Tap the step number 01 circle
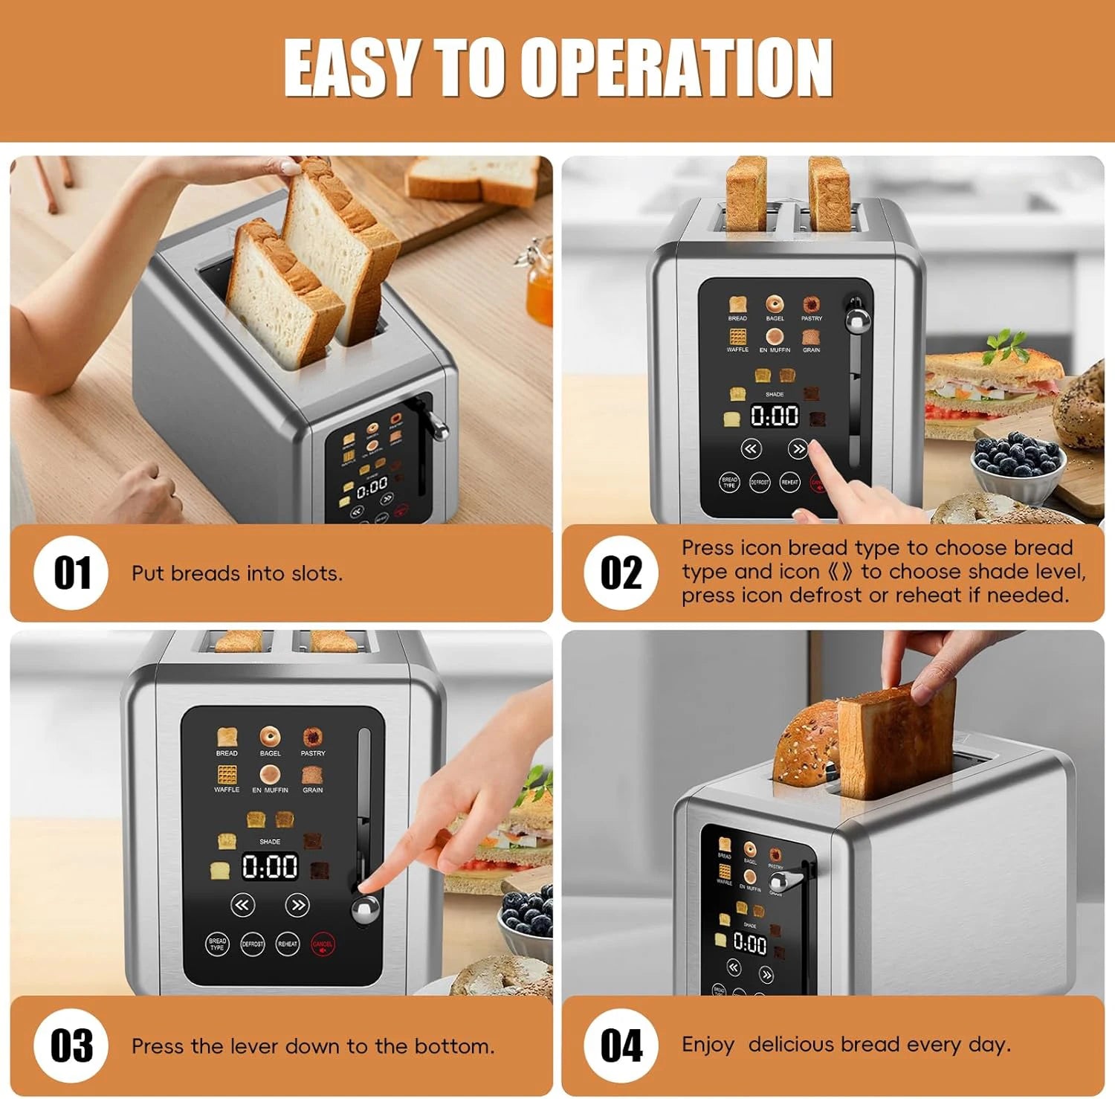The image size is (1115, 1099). [x=71, y=573]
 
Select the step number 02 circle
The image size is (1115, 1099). [x=621, y=573]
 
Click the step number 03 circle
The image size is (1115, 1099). [x=71, y=1045]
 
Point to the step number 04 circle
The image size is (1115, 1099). [x=621, y=1045]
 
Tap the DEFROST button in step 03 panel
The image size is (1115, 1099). [x=253, y=944]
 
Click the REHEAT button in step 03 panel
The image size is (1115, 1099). [x=288, y=944]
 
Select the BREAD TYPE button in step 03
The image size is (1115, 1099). [x=217, y=944]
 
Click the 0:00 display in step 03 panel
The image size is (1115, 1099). [x=270, y=867]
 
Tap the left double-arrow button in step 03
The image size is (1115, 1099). [x=242, y=905]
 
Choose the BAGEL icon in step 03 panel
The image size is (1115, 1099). [x=270, y=738]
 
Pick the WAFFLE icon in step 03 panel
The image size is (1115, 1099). [x=227, y=775]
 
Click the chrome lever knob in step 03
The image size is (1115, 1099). [x=365, y=911]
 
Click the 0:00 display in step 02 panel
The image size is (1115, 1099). [x=775, y=416]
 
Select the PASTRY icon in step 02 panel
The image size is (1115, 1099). [x=811, y=305]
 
